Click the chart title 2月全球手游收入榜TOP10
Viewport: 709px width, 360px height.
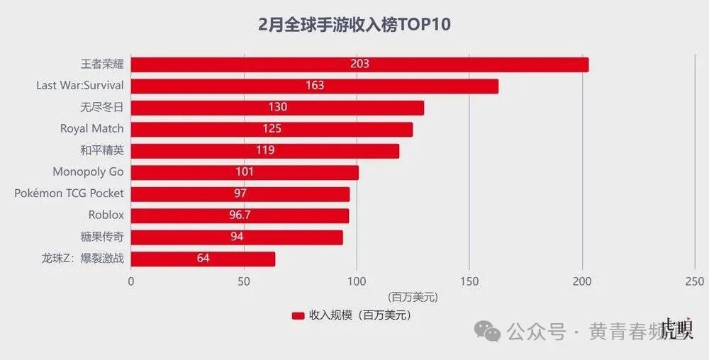pyautogui.click(x=354, y=24)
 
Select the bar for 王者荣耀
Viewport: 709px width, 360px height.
pyautogui.click(x=359, y=64)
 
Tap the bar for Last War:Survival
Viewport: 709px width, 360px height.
pyautogui.click(x=315, y=86)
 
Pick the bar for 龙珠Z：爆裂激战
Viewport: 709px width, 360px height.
pyautogui.click(x=203, y=259)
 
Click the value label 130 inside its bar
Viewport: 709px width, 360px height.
pyautogui.click(x=277, y=107)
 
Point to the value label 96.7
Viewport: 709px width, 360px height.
pyautogui.click(x=240, y=215)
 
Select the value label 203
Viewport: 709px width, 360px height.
pyautogui.click(x=359, y=64)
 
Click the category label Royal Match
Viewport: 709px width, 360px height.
pyautogui.click(x=91, y=128)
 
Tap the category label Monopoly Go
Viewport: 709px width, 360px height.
pyautogui.click(x=88, y=171)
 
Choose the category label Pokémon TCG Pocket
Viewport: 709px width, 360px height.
pyautogui.click(x=69, y=193)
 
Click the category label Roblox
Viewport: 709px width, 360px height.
pyautogui.click(x=106, y=215)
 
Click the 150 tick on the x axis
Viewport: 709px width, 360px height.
pyautogui.click(x=469, y=281)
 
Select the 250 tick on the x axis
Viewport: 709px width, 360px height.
pyautogui.click(x=694, y=281)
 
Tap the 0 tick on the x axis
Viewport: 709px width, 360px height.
pyautogui.click(x=131, y=281)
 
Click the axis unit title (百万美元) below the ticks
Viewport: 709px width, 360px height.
pyautogui.click(x=412, y=297)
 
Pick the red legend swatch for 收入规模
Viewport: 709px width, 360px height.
pyautogui.click(x=298, y=315)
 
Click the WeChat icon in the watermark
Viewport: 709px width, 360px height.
pyautogui.click(x=488, y=330)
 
